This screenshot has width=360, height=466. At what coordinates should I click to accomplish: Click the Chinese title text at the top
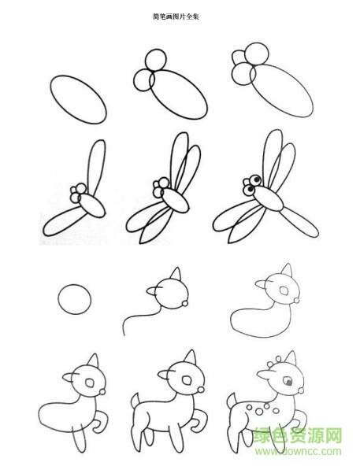[x=176, y=17]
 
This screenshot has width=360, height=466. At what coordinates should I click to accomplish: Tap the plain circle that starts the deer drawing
[x=74, y=299]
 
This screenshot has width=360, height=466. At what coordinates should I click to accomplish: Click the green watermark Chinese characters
[x=298, y=435]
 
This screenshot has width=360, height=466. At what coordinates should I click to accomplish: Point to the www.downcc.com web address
[x=298, y=452]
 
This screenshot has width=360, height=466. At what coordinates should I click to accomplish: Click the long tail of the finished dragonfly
[x=300, y=222]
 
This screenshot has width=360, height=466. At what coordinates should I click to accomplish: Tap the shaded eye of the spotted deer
[x=288, y=381]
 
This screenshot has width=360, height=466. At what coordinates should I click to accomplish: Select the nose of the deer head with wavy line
[x=185, y=303]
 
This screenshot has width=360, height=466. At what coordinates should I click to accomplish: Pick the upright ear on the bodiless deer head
[x=176, y=273]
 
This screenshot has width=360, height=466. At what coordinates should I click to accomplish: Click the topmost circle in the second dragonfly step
[x=156, y=60]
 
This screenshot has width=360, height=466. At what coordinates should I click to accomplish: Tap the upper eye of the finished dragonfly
[x=255, y=179]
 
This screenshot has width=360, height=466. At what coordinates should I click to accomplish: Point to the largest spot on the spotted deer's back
[x=259, y=412]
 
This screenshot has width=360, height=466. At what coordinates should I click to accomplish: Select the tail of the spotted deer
[x=232, y=400]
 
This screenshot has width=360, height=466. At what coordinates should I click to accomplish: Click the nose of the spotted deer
[x=301, y=390]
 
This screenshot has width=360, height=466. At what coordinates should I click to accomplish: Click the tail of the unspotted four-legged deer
[x=135, y=401]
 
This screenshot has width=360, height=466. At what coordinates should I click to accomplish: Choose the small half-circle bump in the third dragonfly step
[x=238, y=57]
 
